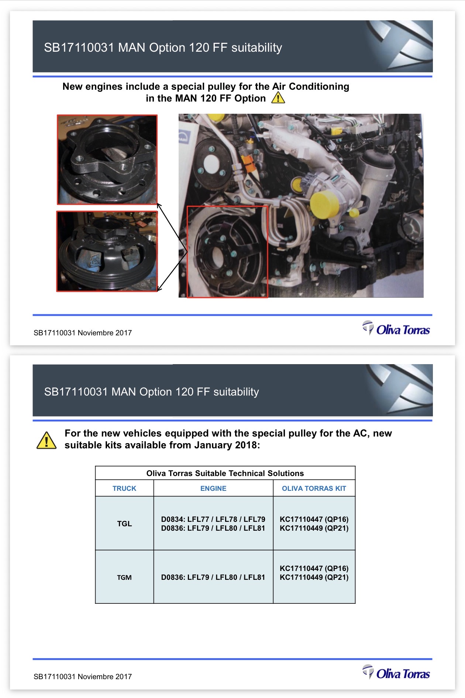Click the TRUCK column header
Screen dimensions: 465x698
(x=124, y=488)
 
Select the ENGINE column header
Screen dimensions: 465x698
(x=213, y=488)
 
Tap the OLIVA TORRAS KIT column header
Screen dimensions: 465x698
(x=314, y=488)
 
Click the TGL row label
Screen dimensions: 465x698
(x=124, y=523)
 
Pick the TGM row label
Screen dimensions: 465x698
(x=124, y=577)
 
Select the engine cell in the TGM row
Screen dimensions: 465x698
(x=213, y=577)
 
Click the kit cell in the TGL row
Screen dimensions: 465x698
(x=314, y=524)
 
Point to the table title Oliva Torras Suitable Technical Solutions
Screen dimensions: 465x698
(x=225, y=473)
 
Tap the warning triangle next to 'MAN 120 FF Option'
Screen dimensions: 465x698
(x=278, y=97)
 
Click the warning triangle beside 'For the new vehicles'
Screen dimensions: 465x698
(x=46, y=440)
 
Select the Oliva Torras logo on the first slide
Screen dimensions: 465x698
(x=396, y=328)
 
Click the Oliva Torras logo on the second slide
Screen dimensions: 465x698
(x=396, y=673)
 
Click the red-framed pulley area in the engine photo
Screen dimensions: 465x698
(x=227, y=252)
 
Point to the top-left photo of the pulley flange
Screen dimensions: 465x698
(x=107, y=160)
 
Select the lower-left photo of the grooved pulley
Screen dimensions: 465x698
(x=107, y=252)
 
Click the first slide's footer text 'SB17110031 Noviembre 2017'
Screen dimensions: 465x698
(x=83, y=333)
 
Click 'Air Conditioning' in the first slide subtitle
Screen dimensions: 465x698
(x=311, y=86)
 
